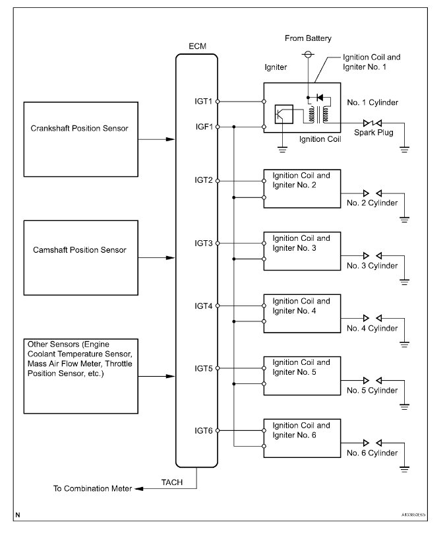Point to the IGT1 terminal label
[x=203, y=102]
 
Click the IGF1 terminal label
[x=203, y=126]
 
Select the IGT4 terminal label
[x=203, y=306]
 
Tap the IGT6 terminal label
[x=203, y=430]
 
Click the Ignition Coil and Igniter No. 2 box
[x=302, y=188]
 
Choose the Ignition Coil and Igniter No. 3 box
[x=302, y=250]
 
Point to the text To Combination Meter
[x=93, y=489]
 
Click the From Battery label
[x=308, y=39]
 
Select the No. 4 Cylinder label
[x=373, y=328]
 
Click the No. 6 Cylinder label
[x=373, y=453]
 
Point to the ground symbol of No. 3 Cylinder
[x=404, y=282]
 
